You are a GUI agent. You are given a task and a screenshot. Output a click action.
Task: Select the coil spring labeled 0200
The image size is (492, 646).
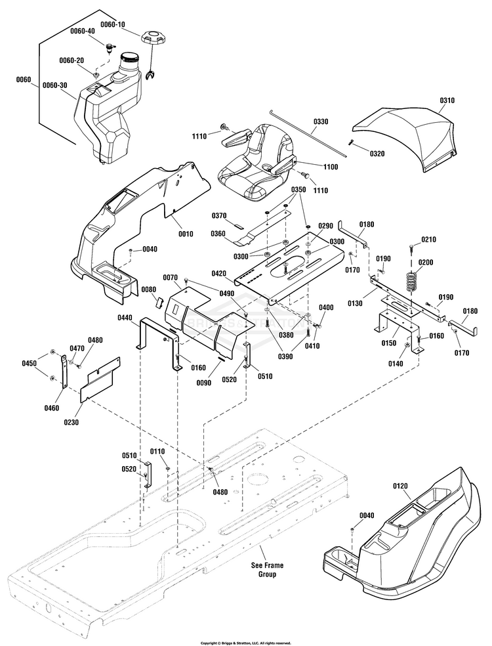(x=410, y=282)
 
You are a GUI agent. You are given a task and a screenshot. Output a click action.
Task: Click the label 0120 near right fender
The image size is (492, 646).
(x=400, y=486)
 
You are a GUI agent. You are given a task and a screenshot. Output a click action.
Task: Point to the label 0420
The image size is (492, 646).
(x=220, y=273)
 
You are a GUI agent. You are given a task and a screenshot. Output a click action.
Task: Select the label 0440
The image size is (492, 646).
(x=125, y=318)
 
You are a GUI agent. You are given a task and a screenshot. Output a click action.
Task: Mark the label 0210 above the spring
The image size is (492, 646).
(x=428, y=240)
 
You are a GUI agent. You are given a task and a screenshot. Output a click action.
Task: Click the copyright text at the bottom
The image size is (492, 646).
(x=245, y=643)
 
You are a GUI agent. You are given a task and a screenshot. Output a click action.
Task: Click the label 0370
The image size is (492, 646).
(x=218, y=215)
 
